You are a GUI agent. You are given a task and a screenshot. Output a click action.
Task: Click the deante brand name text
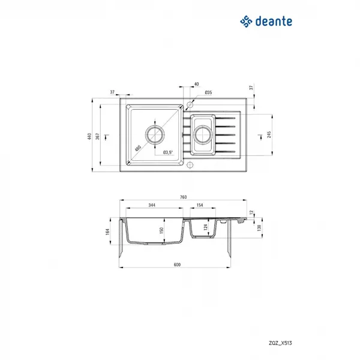click(274, 21)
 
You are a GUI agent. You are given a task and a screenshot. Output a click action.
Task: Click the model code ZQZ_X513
click(280, 343)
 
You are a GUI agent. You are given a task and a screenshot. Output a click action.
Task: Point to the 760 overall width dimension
click(183, 197)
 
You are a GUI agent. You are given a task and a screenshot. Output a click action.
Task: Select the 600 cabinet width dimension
click(177, 265)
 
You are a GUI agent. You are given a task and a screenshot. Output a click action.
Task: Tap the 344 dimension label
click(152, 205)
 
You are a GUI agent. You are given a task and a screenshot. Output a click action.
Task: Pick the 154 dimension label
click(200, 205)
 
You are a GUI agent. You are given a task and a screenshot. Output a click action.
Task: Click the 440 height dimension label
click(89, 136)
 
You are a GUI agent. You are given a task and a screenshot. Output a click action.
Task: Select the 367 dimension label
click(98, 136)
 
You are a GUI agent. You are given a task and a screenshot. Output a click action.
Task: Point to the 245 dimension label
click(269, 134)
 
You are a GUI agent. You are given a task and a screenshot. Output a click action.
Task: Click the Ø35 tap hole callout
click(208, 92)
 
